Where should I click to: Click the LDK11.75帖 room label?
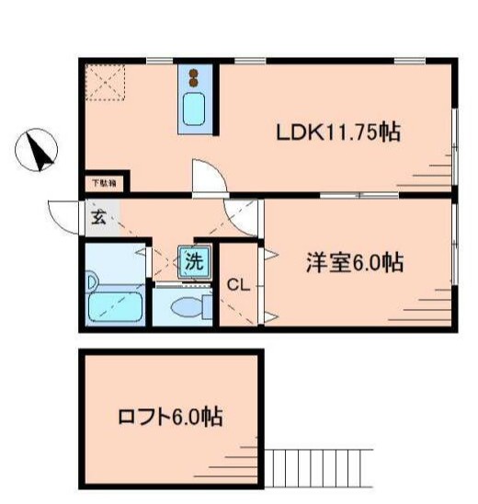tap(337, 132)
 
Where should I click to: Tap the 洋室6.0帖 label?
tap(354, 262)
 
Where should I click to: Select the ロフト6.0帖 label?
tap(170, 417)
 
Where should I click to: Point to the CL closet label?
tap(238, 284)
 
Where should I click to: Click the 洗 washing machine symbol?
tap(194, 260)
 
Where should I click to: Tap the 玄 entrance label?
tap(97, 218)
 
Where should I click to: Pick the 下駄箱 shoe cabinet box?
tap(104, 184)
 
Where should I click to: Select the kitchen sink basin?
tap(194, 109)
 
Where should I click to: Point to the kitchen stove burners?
tap(194, 76)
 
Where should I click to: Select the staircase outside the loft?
tap(318, 470)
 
